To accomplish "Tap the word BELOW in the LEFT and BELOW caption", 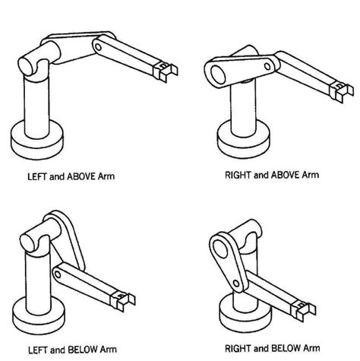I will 83,350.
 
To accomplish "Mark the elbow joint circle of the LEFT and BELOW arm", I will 59,271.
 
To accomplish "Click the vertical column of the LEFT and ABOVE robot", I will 37,103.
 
